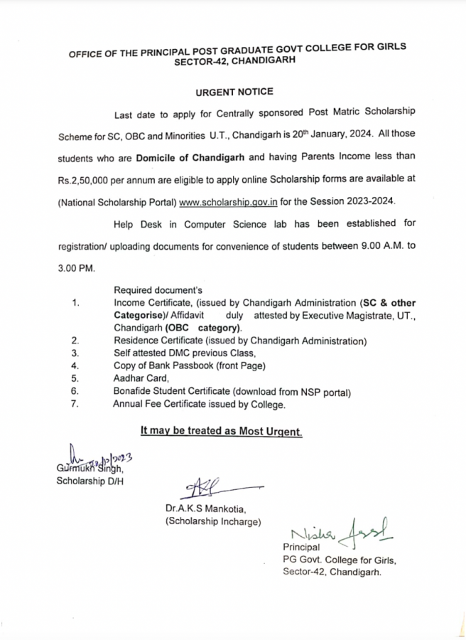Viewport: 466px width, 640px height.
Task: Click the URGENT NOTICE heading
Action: [x=233, y=92]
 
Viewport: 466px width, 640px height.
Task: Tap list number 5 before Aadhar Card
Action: [x=74, y=379]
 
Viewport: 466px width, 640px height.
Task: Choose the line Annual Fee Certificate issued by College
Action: [x=199, y=405]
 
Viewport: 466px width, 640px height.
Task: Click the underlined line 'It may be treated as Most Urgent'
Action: [x=221, y=431]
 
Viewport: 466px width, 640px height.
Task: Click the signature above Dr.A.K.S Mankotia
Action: [x=213, y=487]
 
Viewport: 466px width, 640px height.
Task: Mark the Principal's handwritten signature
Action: [x=342, y=530]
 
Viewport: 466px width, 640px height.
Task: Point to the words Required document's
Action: [x=158, y=290]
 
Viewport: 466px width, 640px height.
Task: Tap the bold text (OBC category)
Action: [x=203, y=328]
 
